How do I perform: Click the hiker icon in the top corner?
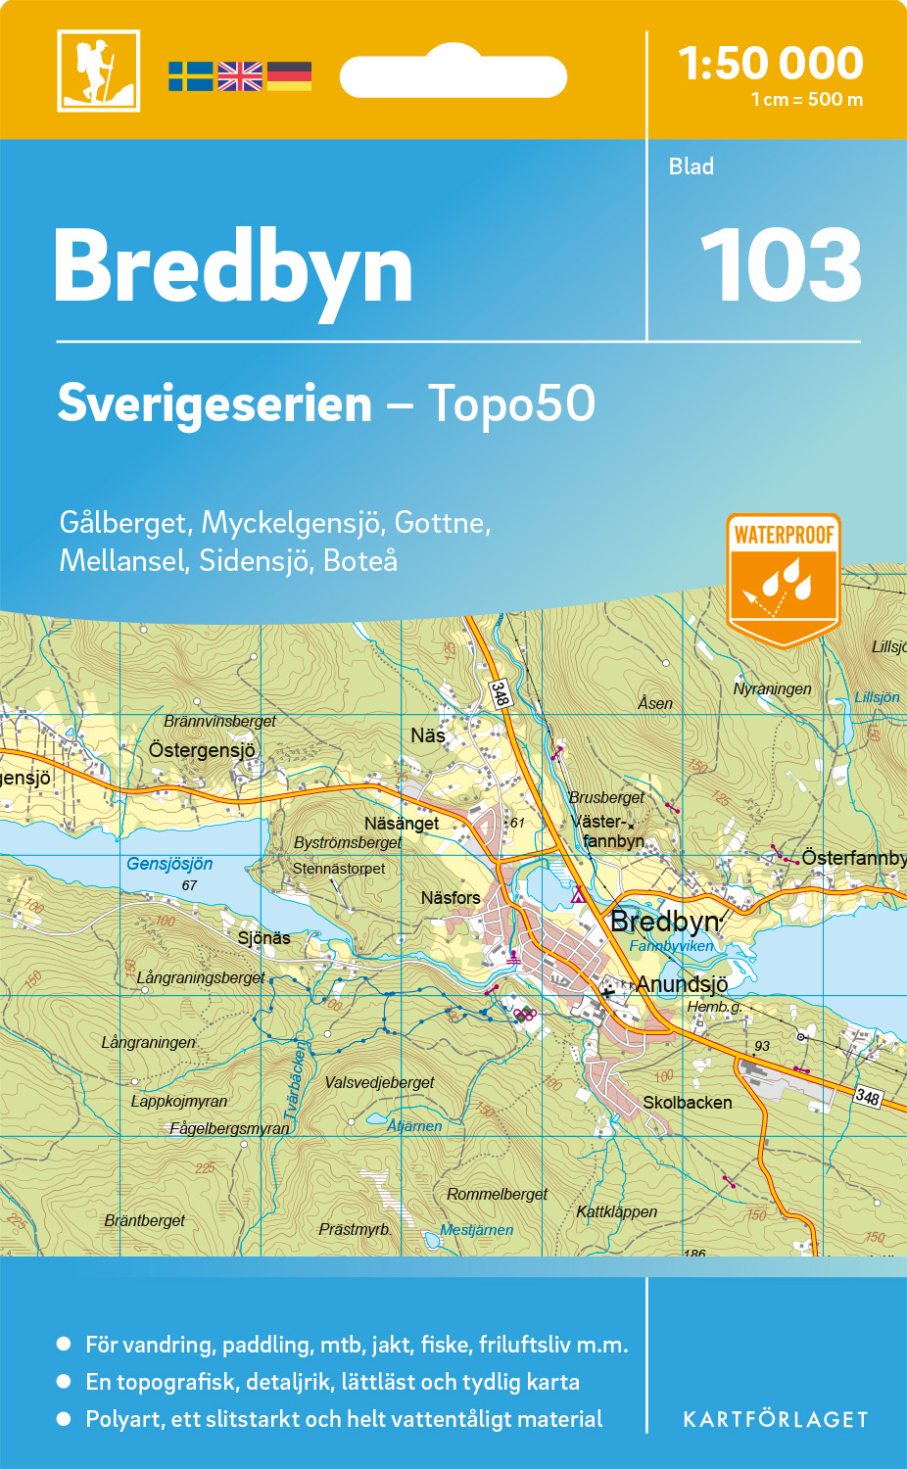click(x=98, y=71)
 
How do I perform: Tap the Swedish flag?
click(x=190, y=76)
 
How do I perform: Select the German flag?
click(x=289, y=76)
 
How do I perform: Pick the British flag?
click(x=240, y=76)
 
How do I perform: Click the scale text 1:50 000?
click(x=771, y=65)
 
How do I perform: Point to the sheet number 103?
click(x=781, y=265)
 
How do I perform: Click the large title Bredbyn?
click(x=233, y=267)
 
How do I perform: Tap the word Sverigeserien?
click(x=215, y=403)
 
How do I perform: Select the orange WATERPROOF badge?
click(x=784, y=579)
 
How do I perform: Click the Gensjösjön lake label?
click(x=169, y=864)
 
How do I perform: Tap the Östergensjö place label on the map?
click(x=202, y=750)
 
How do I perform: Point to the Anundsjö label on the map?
click(x=682, y=984)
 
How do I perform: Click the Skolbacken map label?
click(x=687, y=1103)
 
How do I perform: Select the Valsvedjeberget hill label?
click(x=379, y=1082)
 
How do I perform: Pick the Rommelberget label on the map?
click(x=497, y=1194)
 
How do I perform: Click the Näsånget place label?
click(x=402, y=824)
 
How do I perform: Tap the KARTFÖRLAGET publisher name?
click(x=776, y=1420)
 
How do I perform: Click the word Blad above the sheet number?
click(x=692, y=166)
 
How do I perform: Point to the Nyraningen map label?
click(x=772, y=688)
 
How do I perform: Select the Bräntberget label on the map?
click(x=145, y=1220)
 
